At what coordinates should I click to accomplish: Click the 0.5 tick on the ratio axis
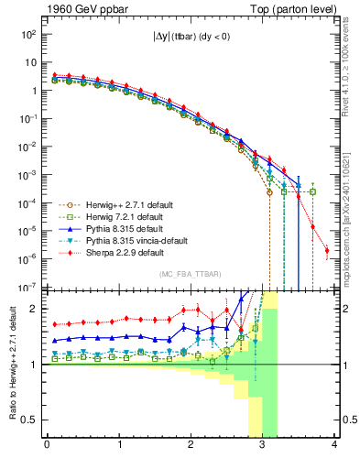point(30,420)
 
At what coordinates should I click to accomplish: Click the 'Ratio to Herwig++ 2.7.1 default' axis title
point(10,364)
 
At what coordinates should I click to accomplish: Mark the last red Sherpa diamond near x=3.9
point(326,250)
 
